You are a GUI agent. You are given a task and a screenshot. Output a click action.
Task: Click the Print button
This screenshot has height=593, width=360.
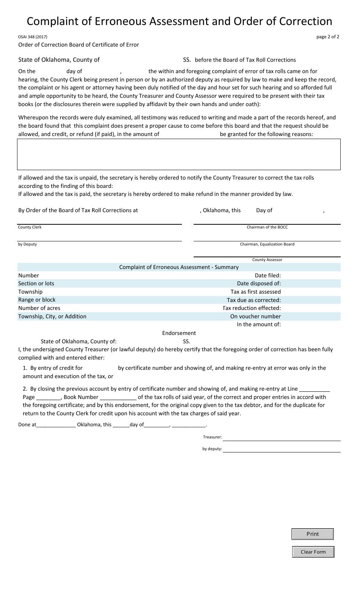point(313,534)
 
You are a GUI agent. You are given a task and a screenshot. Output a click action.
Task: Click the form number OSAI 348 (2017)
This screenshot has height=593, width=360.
point(33,37)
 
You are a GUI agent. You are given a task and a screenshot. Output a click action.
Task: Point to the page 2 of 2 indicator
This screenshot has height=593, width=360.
point(328,37)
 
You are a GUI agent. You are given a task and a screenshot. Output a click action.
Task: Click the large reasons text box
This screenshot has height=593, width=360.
point(179,154)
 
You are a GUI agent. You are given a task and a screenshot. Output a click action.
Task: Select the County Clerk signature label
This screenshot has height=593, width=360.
point(30,227)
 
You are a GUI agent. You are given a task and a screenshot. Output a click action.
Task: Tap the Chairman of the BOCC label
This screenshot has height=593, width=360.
point(267,227)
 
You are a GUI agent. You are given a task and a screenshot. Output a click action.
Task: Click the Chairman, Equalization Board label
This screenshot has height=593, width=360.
point(267,244)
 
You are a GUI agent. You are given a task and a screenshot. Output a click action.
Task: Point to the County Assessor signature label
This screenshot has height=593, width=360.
point(267,260)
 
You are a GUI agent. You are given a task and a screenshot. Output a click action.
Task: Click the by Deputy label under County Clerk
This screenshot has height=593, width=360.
point(27,244)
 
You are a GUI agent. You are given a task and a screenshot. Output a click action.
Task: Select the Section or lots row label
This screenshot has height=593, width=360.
point(36,283)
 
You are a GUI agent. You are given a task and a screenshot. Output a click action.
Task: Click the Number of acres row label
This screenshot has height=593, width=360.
point(39,308)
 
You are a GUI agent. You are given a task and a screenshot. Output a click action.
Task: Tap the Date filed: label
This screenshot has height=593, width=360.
point(268,275)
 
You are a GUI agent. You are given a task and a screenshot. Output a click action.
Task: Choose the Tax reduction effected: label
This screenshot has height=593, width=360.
point(252,308)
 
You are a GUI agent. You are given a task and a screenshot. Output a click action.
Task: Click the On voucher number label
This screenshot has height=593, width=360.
point(255,316)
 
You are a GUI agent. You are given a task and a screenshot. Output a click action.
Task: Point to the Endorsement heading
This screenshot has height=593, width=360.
point(179,333)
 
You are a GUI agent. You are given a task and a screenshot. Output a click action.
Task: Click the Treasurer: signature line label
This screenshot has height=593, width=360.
point(212,437)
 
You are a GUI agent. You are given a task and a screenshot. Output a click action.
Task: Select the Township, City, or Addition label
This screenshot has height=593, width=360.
point(52,316)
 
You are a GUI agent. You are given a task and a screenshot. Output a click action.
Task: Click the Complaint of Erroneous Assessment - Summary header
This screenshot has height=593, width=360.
point(179,267)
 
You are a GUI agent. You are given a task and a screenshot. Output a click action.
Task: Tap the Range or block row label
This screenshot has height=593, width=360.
point(37,300)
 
